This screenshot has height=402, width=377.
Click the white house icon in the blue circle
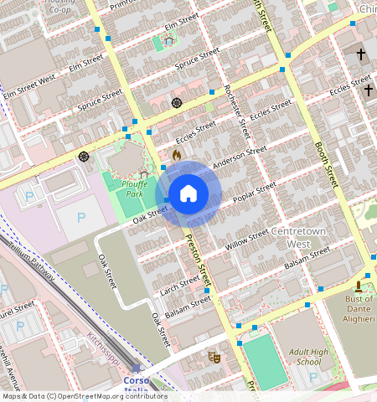pyautogui.click(x=188, y=194)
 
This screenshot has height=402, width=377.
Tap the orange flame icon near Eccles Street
pyautogui.click(x=176, y=155)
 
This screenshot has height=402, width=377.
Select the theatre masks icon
pyautogui.click(x=213, y=357)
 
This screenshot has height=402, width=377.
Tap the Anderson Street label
pyautogui.click(x=239, y=157)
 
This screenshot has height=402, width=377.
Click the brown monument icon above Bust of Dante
pyautogui.click(x=368, y=286)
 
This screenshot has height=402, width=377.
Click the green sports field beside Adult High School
pyautogui.click(x=263, y=357)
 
